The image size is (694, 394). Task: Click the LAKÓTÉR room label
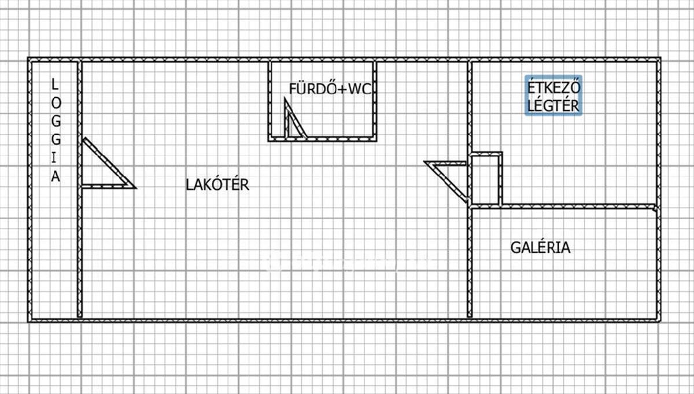217,185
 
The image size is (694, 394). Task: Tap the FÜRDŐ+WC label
330,89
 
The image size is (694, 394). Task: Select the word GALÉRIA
540,247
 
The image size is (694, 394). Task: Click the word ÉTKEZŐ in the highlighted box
553,87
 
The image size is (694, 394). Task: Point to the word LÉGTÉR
553,105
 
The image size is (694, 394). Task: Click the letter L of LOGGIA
54,84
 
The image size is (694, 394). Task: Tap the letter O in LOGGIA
56,103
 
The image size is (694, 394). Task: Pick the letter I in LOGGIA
54,158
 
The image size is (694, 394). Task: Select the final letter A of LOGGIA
56,176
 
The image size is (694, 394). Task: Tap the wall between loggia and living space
80,189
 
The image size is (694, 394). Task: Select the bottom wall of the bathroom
322,139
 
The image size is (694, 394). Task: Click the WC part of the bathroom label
360,89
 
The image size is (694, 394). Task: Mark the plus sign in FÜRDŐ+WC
342,89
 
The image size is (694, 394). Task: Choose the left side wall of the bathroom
270,101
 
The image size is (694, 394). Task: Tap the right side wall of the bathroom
375,101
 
